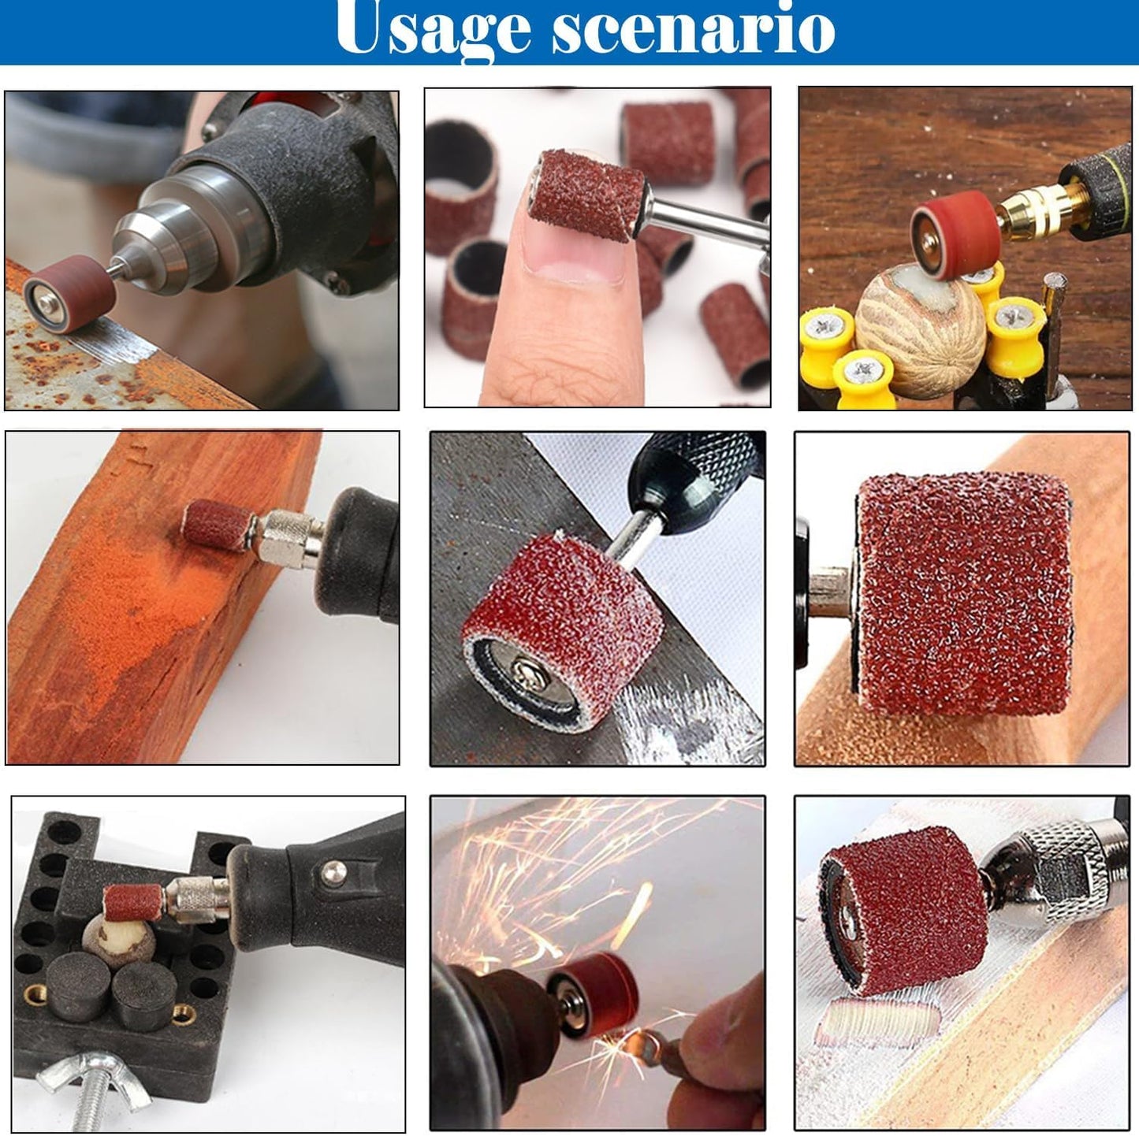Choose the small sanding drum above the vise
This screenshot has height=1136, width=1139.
pos(133,902)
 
